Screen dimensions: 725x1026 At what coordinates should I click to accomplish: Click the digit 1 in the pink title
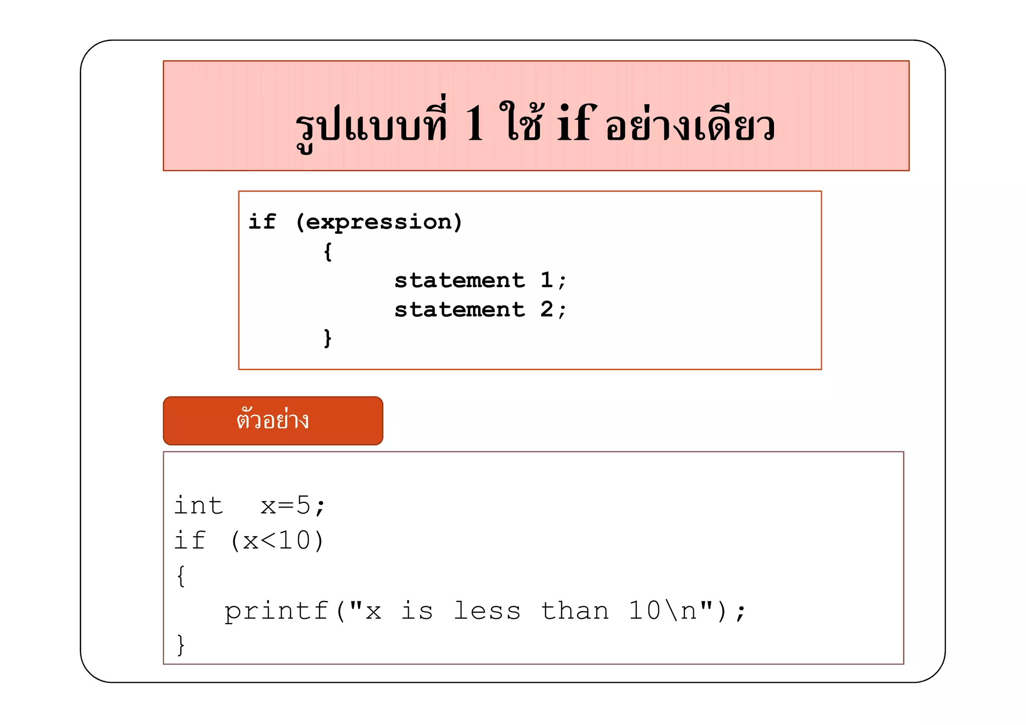[x=474, y=123]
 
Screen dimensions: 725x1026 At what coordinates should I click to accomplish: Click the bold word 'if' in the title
[x=576, y=122]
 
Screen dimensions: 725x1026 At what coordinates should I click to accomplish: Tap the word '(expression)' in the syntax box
[x=379, y=222]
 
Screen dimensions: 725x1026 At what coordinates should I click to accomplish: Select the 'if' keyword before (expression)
[x=262, y=221]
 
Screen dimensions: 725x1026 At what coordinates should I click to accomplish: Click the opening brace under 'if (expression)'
[x=327, y=252]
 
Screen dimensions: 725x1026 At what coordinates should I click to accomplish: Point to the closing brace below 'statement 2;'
[x=327, y=338]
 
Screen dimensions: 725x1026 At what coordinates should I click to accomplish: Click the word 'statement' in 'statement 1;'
[x=459, y=281]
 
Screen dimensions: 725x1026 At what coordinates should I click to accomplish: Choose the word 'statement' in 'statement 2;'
[x=459, y=310]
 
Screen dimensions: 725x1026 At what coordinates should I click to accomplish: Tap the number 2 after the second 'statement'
[x=547, y=310]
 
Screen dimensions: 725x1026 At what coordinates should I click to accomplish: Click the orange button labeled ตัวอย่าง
[x=273, y=420]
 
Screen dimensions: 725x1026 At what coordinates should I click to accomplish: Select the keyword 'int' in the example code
[x=198, y=505]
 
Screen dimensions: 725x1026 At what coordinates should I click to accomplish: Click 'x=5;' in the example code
[x=293, y=505]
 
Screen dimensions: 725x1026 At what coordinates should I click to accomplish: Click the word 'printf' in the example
[x=276, y=611]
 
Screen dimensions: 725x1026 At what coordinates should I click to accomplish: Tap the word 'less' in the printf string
[x=487, y=611]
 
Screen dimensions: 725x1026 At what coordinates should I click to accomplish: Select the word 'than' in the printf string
[x=575, y=611]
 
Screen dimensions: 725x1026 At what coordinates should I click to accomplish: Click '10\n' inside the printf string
[x=662, y=611]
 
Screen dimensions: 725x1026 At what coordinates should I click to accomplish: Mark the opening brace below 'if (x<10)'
[x=181, y=576]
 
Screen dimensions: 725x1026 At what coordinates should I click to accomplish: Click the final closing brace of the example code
[x=181, y=645]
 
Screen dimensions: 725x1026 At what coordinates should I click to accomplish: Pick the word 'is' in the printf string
[x=417, y=611]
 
